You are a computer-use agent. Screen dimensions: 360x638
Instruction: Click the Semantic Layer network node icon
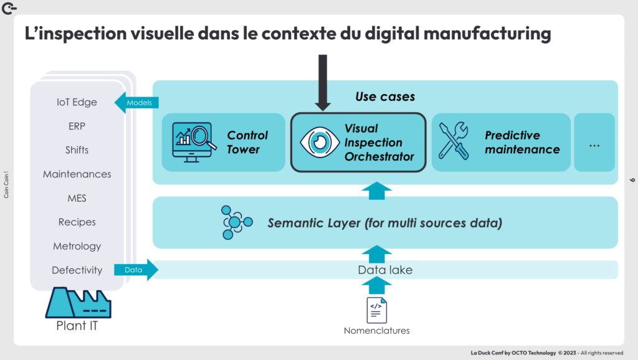coord(236,222)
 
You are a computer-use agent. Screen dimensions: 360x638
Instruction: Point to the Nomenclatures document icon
coord(376,310)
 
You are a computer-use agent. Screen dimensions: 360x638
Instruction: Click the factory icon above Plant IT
coord(77,303)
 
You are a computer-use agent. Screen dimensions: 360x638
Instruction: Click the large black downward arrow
coord(322,81)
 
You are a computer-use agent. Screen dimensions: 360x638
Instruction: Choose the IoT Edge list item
coord(77,102)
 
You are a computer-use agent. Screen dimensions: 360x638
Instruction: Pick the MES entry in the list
coord(77,198)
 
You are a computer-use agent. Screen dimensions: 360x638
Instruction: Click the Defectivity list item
coord(77,270)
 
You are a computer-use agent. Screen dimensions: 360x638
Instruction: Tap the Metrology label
coord(77,246)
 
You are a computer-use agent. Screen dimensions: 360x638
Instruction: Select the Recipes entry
coord(77,222)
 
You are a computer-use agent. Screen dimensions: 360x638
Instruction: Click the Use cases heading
coord(385,97)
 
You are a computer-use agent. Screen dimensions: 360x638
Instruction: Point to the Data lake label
coord(385,270)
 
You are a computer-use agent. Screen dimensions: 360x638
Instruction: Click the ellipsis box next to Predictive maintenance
coord(594,142)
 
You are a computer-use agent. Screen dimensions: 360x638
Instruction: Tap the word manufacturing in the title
coord(480,33)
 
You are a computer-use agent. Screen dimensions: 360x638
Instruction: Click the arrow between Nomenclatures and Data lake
coord(376,286)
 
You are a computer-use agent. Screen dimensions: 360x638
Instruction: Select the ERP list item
coord(77,126)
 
